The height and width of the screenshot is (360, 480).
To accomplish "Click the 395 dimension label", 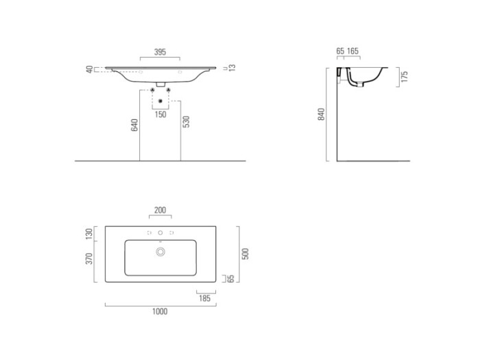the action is coord(160,52).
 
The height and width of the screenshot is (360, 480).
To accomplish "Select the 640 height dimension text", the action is coord(134,125).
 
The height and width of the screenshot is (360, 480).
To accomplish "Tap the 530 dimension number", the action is coord(186,122).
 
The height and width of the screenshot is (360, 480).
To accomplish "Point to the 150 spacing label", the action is coord(160,115).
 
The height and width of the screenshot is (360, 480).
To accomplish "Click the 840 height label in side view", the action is coord(321,115).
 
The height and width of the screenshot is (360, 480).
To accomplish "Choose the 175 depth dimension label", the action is coord(405,77).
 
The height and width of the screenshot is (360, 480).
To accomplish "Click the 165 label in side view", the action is coord(352,51).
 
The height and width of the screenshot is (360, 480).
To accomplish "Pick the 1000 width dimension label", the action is coord(160,311).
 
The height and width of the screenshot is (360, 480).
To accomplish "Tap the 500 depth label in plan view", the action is coord(245,254).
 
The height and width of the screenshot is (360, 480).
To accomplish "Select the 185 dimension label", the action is coord(205,298).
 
